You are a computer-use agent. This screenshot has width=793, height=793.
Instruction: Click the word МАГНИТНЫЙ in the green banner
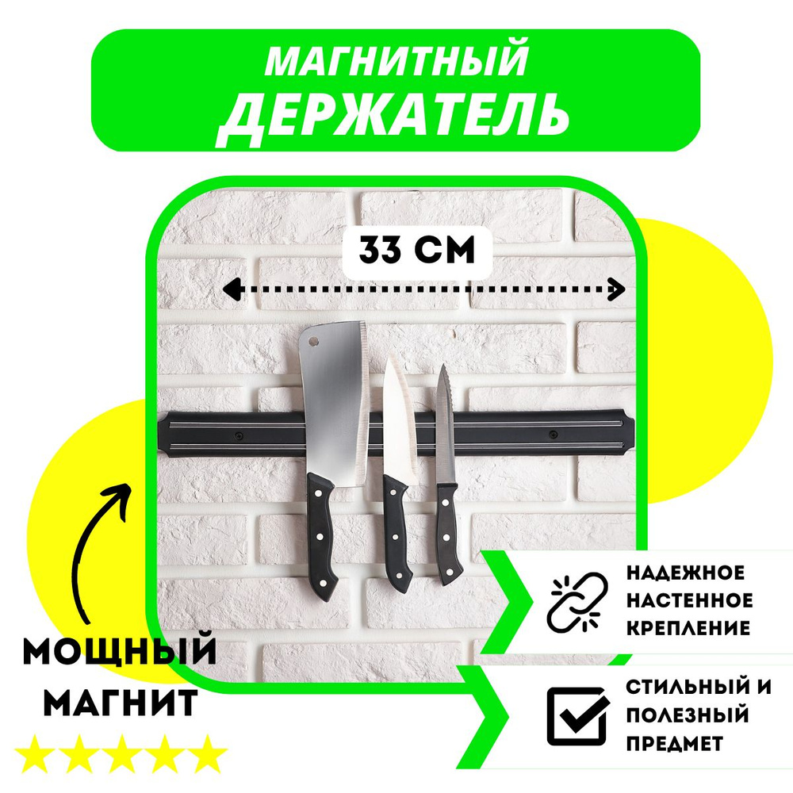click(x=396, y=61)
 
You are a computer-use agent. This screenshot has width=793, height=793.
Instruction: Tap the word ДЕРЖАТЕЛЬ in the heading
click(x=394, y=114)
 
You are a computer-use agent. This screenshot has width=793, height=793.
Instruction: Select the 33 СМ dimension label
click(x=416, y=251)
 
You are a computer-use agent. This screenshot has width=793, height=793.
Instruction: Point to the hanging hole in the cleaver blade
click(x=314, y=343)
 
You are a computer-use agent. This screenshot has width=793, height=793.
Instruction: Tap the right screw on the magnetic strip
click(x=553, y=434)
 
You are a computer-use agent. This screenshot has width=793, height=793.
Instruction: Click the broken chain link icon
click(x=577, y=600)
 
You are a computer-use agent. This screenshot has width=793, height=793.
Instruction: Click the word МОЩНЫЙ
click(x=119, y=653)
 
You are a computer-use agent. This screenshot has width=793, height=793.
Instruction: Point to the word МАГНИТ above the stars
click(x=119, y=703)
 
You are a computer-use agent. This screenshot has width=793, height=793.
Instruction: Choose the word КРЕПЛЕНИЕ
click(x=688, y=628)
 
